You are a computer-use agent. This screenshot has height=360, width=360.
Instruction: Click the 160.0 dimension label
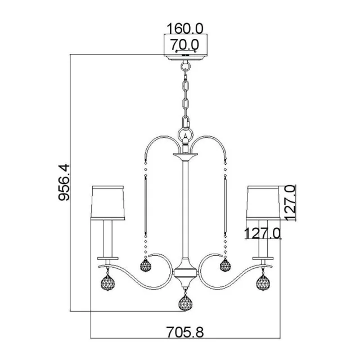[185, 29]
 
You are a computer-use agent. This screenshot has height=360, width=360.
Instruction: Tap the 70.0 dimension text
[184, 44]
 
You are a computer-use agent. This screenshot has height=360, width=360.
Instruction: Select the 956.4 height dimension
[64, 182]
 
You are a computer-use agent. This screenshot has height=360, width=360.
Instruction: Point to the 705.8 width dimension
[185, 332]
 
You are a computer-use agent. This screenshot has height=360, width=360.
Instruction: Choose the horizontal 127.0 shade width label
[263, 233]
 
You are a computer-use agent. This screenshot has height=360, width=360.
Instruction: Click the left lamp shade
[108, 202]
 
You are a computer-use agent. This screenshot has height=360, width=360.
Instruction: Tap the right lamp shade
[263, 202]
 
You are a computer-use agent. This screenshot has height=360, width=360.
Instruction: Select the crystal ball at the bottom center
[185, 303]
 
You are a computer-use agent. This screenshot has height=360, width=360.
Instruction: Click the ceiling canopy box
[186, 47]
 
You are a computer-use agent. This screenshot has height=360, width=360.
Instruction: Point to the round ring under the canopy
[186, 66]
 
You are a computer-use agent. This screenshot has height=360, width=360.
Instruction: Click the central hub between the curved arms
[185, 273]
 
